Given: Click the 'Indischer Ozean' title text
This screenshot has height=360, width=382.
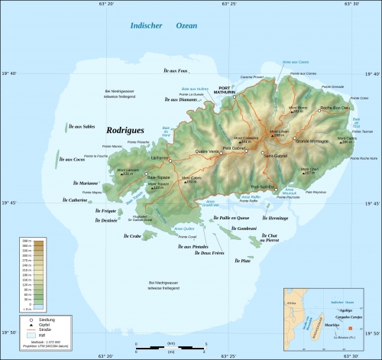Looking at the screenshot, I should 159,28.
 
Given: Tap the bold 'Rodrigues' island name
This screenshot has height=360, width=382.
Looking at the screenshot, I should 125,131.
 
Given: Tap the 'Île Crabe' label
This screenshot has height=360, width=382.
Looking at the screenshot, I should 132,236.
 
